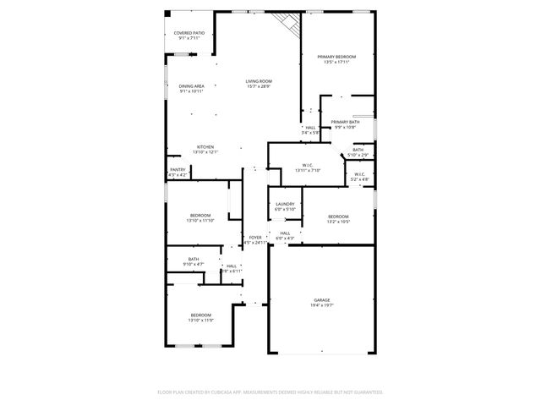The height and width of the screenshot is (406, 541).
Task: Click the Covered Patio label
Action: click(x=189, y=33)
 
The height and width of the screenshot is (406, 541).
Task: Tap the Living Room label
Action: click(x=259, y=81)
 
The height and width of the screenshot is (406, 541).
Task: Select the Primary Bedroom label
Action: click(x=336, y=57)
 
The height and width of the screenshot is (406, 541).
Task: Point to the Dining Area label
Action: click(x=192, y=86)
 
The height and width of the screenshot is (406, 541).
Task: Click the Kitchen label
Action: click(x=206, y=147)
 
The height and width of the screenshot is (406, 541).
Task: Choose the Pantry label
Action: click(x=178, y=170)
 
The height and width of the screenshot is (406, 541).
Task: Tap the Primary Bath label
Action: click(x=345, y=122)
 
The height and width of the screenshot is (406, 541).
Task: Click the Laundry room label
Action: click(x=285, y=204)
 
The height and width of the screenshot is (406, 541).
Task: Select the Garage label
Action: click(x=322, y=300)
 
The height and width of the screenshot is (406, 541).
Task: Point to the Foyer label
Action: click(x=255, y=238)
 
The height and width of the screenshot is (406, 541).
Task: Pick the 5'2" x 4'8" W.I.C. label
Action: click(x=360, y=175)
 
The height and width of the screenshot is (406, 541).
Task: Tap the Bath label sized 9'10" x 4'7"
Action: click(x=194, y=260)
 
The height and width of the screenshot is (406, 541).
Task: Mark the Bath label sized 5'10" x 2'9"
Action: click(x=358, y=151)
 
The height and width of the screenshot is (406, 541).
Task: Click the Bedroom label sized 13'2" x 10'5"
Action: click(x=338, y=217)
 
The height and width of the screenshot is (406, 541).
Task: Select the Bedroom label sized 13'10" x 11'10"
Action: click(x=200, y=216)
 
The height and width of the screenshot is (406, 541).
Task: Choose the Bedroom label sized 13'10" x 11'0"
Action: click(x=200, y=315)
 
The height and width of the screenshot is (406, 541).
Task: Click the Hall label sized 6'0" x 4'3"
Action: click(x=285, y=233)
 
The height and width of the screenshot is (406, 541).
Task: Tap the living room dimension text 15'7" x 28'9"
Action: click(x=259, y=86)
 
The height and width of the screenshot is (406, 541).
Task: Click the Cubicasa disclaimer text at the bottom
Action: click(x=270, y=392)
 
